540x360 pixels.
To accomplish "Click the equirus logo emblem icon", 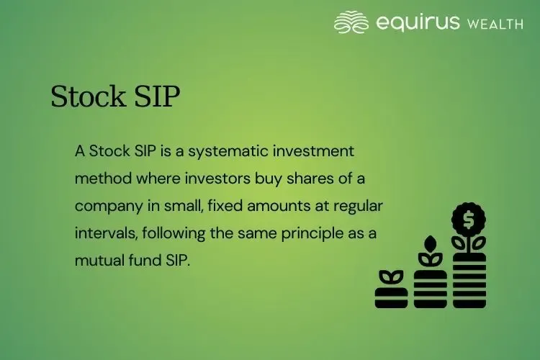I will pyautogui.click(x=351, y=22).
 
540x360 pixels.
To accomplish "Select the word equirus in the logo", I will pyautogui.click(x=418, y=23).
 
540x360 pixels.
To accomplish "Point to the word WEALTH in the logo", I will pyautogui.click(x=495, y=24).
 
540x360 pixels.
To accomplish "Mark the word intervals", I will pyautogui.click(x=102, y=233).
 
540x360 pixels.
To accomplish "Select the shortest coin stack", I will pyautogui.click(x=392, y=297).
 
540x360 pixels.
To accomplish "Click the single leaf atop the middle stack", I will pyautogui.click(x=431, y=243).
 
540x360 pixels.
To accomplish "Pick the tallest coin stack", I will pyautogui.click(x=469, y=281).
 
